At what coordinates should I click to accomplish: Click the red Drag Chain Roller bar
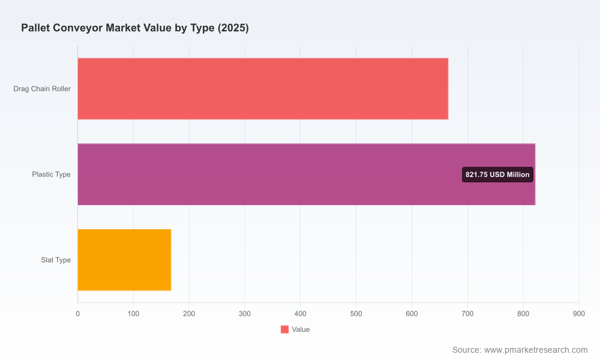coord(263,89)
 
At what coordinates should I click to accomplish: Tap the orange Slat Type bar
coord(124,260)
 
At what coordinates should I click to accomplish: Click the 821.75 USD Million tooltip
coord(497,175)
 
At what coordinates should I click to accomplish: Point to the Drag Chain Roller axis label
coord(42,89)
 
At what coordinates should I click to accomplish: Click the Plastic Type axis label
coord(51,175)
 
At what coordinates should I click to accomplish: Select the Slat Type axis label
coord(56,260)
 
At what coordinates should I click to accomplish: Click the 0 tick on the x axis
coord(77,314)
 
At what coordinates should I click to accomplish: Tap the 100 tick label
coord(134,314)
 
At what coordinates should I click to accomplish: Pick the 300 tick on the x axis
coord(245,314)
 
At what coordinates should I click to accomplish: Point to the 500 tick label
coord(356,314)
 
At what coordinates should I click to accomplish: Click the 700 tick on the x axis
coord(467,314)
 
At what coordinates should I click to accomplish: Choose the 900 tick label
coord(579,314)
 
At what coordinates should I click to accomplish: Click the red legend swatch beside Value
coord(284,329)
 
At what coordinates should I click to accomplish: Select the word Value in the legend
coord(301,329)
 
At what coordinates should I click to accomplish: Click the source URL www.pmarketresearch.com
coord(536,350)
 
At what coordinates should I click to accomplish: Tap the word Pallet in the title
coord(34,28)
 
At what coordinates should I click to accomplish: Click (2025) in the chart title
coord(233,28)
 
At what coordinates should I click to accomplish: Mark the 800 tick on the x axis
coord(523,314)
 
